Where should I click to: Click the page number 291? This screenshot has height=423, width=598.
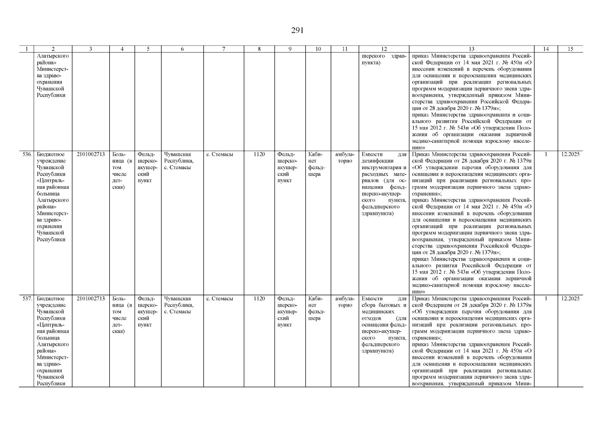click(297, 31)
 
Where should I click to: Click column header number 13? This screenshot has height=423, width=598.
click(471, 49)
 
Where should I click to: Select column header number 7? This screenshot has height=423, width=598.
click(223, 49)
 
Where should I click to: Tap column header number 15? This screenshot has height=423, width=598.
click(570, 49)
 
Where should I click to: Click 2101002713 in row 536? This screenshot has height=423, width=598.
click(91, 154)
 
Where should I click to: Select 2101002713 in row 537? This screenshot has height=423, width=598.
click(91, 299)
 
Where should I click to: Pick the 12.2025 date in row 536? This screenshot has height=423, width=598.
click(570, 154)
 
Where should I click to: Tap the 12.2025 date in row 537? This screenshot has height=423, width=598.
click(570, 299)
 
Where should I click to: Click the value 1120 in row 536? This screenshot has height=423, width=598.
click(259, 154)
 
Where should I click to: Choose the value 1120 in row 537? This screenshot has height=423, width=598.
click(259, 299)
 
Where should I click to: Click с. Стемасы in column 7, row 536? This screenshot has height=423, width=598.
click(220, 154)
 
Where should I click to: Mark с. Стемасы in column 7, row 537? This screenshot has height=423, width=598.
click(220, 299)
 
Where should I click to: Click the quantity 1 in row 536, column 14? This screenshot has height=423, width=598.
click(546, 154)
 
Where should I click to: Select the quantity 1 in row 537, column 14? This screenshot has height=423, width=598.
click(546, 299)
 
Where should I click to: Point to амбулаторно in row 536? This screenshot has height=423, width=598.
click(345, 158)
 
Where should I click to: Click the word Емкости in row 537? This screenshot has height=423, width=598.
click(372, 299)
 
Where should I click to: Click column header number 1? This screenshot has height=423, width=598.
click(26, 49)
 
